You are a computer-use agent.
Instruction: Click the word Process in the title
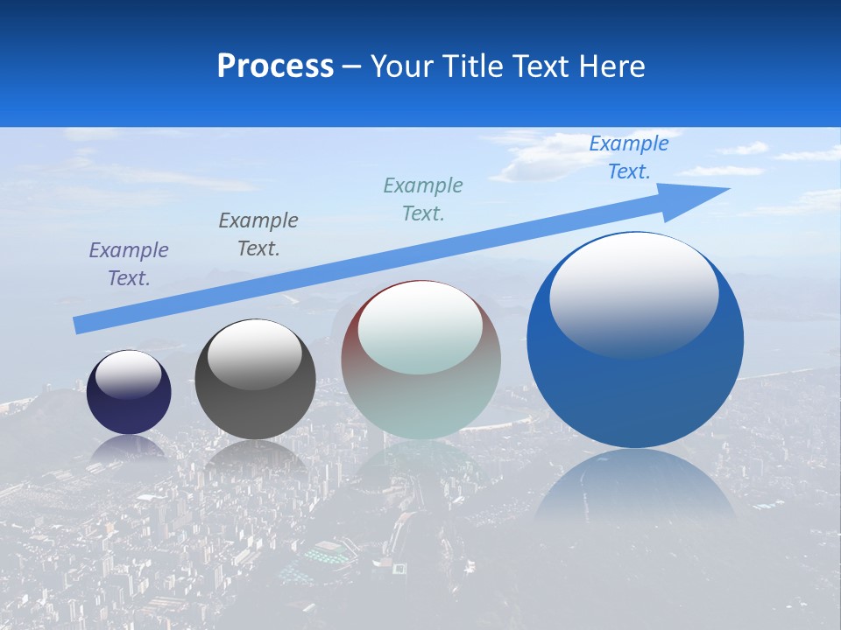(x=275, y=66)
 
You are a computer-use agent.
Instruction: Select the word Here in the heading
(x=613, y=66)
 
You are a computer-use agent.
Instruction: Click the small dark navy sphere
(x=129, y=411)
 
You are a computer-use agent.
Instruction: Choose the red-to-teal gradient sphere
(x=420, y=402)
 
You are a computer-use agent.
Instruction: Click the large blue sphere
(x=635, y=394)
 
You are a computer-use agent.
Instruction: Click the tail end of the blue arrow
(x=81, y=325)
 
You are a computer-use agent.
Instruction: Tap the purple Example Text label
(x=129, y=264)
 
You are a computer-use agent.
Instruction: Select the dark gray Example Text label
(x=258, y=234)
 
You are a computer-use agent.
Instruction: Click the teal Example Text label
(x=423, y=199)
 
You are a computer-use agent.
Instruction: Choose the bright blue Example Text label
(x=629, y=157)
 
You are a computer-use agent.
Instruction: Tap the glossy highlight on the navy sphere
(x=129, y=374)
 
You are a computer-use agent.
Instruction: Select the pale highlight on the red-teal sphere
(x=420, y=328)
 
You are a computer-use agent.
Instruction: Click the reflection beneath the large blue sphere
(x=635, y=490)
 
